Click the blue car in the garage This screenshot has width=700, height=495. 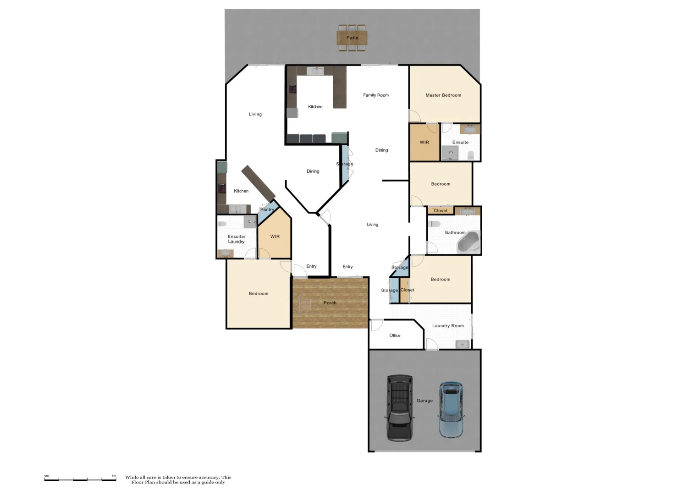451,409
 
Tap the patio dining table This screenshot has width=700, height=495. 352,37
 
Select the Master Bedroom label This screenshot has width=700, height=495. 443,95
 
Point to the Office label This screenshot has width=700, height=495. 395,335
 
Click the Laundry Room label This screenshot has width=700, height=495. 448,326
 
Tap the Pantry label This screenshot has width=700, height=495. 267,210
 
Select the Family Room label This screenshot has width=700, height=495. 376,95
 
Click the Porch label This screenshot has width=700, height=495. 330,303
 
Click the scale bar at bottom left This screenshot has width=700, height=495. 80,479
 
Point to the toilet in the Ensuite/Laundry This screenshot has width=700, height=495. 222,224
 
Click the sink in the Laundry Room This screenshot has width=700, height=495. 463,344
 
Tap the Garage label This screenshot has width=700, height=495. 424,401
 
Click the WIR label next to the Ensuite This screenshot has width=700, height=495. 424,143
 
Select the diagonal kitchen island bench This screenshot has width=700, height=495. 258,181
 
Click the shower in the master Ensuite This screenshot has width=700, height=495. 450,153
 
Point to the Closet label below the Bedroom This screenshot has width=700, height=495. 441,211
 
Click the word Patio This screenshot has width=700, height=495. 353,38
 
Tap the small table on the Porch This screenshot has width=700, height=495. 304,304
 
